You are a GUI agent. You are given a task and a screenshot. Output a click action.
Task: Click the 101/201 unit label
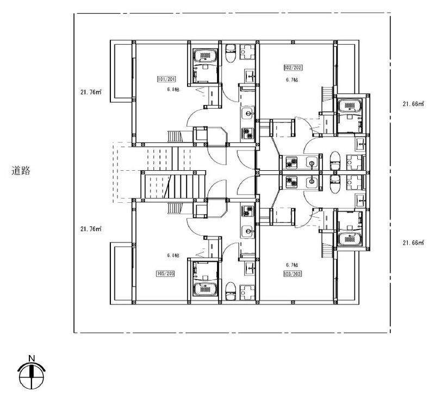click(x=167, y=79)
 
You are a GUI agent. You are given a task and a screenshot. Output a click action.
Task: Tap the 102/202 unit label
click(x=293, y=67)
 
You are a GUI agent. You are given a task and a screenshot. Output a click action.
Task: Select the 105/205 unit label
click(x=166, y=274)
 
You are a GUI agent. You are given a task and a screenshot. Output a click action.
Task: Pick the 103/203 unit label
click(x=293, y=274)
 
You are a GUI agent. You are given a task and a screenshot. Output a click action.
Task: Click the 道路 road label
click(x=21, y=170)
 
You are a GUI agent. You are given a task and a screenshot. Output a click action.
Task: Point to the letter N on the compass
click(x=32, y=358)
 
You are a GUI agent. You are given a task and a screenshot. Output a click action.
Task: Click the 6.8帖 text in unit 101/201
click(x=173, y=89)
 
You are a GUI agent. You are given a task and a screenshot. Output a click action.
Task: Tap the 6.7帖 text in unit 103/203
click(x=292, y=265)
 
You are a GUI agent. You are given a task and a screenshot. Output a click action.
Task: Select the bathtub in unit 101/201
click(x=206, y=55)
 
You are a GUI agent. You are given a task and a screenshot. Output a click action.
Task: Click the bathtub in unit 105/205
click(x=206, y=289)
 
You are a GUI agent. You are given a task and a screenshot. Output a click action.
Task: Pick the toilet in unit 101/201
click(x=231, y=53)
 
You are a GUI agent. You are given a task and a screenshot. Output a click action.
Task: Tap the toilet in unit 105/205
click(x=231, y=291)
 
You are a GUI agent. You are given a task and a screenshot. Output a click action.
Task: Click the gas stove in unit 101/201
click(x=248, y=133)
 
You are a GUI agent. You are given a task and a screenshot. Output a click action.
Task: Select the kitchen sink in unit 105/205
click(x=248, y=231)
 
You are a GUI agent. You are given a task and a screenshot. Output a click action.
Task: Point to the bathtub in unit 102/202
click(x=350, y=105)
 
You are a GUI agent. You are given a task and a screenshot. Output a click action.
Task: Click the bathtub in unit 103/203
click(x=350, y=239)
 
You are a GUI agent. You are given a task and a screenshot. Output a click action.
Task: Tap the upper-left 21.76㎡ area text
click(x=91, y=92)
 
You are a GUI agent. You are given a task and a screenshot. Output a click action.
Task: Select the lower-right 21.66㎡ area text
click(x=413, y=243)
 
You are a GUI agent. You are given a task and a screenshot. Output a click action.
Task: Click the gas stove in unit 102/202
click(x=291, y=163)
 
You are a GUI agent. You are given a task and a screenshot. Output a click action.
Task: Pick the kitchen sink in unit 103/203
click(x=312, y=183)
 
